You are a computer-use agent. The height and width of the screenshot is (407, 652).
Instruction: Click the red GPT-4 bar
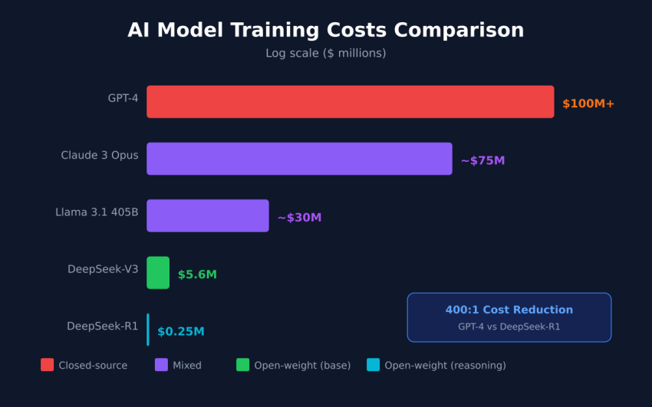(x=350, y=102)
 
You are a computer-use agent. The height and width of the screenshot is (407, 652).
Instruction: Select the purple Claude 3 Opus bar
(x=299, y=159)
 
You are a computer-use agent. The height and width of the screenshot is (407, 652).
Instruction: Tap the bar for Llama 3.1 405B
(x=207, y=215)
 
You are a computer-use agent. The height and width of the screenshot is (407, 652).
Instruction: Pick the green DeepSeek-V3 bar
(x=158, y=273)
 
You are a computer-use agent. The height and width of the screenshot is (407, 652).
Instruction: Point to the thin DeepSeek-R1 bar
(x=148, y=330)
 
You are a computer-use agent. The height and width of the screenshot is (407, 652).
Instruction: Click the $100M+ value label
(x=588, y=103)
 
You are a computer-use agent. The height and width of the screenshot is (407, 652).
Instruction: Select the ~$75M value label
(x=482, y=160)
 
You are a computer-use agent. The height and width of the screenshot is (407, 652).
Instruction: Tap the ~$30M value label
(x=299, y=218)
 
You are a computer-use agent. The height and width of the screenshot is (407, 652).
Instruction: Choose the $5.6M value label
(x=197, y=274)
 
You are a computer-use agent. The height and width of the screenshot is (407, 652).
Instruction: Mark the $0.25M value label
(x=181, y=331)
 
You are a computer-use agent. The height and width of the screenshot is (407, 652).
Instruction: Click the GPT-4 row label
(x=123, y=98)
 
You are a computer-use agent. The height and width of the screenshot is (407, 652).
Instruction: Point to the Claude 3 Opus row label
(x=100, y=155)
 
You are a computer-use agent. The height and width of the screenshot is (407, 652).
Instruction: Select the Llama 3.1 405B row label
(x=97, y=212)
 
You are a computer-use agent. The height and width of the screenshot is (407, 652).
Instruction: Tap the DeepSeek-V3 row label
(x=103, y=269)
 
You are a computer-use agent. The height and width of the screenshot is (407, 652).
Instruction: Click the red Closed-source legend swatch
(x=48, y=365)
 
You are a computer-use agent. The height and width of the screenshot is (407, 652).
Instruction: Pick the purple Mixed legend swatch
(x=161, y=365)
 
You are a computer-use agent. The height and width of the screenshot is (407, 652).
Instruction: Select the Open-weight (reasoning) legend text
(x=445, y=366)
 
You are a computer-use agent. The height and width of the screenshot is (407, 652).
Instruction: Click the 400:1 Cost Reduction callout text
(x=509, y=310)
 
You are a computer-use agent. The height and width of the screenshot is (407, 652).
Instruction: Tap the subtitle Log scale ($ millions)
(x=325, y=53)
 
